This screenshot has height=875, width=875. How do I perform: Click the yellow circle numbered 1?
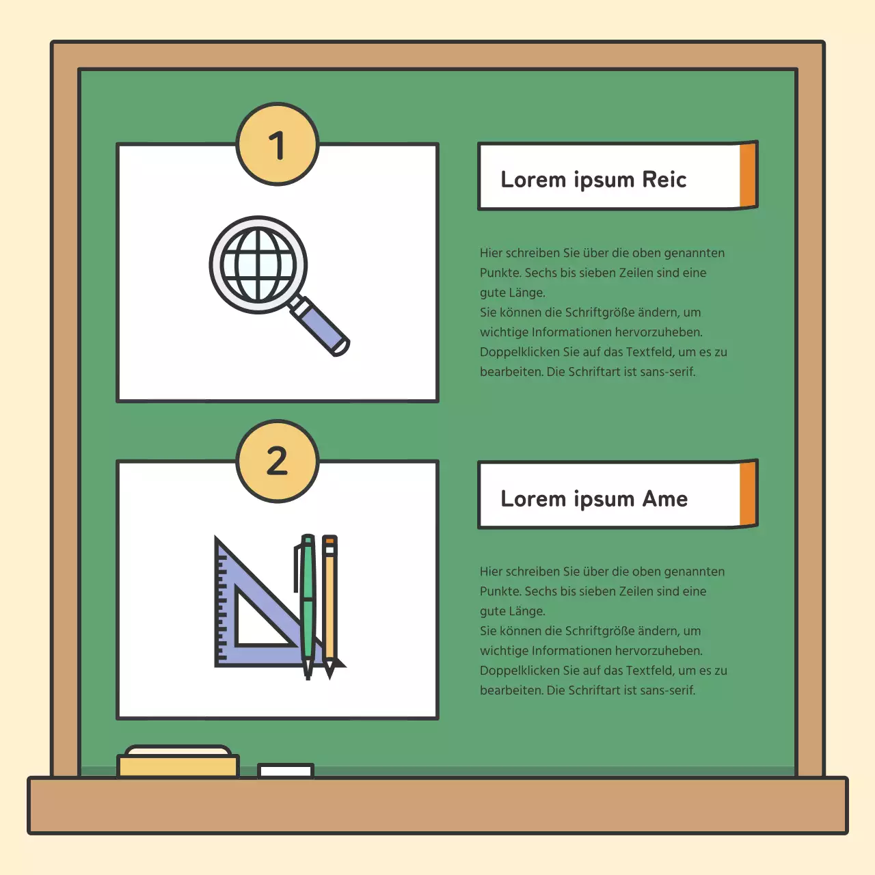coord(277,144)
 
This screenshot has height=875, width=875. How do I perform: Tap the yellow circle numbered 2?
coord(277,461)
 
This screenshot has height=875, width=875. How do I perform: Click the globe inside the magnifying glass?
coord(258,265)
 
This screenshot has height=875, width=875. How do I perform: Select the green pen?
coord(307,606)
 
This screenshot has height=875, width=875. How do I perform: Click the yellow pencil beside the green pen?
coord(329,606)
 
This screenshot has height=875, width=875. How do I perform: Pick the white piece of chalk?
coord(286,770)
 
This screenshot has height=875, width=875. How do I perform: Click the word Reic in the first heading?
coord(664,179)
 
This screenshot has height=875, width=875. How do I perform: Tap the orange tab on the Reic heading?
coord(749,175)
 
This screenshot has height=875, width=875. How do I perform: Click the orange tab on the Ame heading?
coord(749,494)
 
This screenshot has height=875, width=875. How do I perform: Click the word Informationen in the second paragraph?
coord(571,651)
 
